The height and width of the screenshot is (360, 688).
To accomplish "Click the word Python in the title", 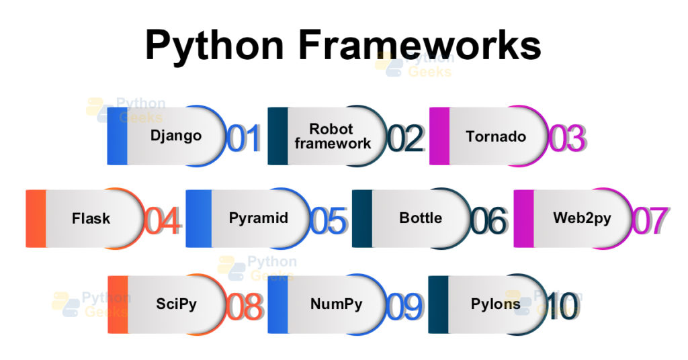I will pyautogui.click(x=215, y=46).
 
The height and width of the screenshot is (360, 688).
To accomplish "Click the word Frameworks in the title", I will pyautogui.click(x=420, y=45).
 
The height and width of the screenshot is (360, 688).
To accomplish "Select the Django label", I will pyautogui.click(x=176, y=136).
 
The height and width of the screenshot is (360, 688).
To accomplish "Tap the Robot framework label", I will pyautogui.click(x=332, y=136).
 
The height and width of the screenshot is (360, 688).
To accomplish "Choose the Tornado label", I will pyautogui.click(x=496, y=136).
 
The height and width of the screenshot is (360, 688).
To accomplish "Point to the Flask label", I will pyautogui.click(x=91, y=218).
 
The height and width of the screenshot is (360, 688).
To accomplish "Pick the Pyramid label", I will pyautogui.click(x=259, y=218).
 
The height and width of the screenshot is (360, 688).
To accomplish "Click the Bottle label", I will pyautogui.click(x=421, y=218).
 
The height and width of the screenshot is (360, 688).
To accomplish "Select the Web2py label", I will pyautogui.click(x=582, y=218).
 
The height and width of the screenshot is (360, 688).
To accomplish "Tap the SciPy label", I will pyautogui.click(x=177, y=304).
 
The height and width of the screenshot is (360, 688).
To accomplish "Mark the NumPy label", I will pyautogui.click(x=336, y=304).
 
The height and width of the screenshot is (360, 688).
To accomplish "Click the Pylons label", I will pyautogui.click(x=496, y=304).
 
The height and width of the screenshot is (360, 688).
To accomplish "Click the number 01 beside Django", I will pyautogui.click(x=243, y=138).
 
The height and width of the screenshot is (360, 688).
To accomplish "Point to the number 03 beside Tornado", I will pyautogui.click(x=566, y=138).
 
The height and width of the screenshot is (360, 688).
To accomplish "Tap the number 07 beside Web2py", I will pyautogui.click(x=650, y=221).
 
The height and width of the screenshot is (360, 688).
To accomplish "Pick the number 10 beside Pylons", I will pyautogui.click(x=562, y=306).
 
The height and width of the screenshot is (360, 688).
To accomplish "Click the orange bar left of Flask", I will pyautogui.click(x=36, y=218).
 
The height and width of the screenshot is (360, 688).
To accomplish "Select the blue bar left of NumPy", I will pyautogui.click(x=277, y=304).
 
